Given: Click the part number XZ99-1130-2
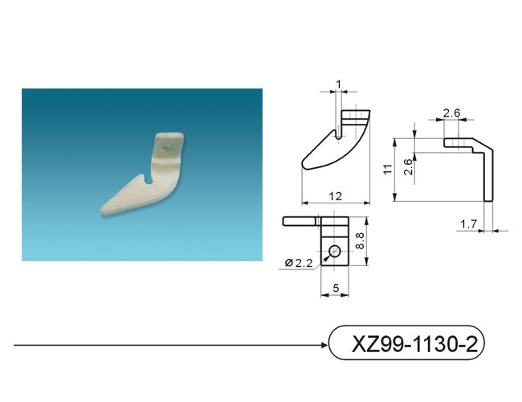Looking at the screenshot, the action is coord(414,343).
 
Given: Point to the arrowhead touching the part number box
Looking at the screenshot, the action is coord(325,345).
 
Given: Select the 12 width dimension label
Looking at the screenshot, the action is coord(336,196).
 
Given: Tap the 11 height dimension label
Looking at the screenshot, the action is coord(388,169).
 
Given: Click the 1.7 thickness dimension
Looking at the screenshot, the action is coord(469,224).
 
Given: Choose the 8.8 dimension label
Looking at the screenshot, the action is coord(360,241).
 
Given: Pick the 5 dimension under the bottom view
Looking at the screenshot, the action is coord(336,288).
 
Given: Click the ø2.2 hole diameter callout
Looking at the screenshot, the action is coord(299,263).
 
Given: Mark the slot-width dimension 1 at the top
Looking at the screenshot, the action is coord(339,84).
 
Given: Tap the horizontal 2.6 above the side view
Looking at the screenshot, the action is coord(452,113).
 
